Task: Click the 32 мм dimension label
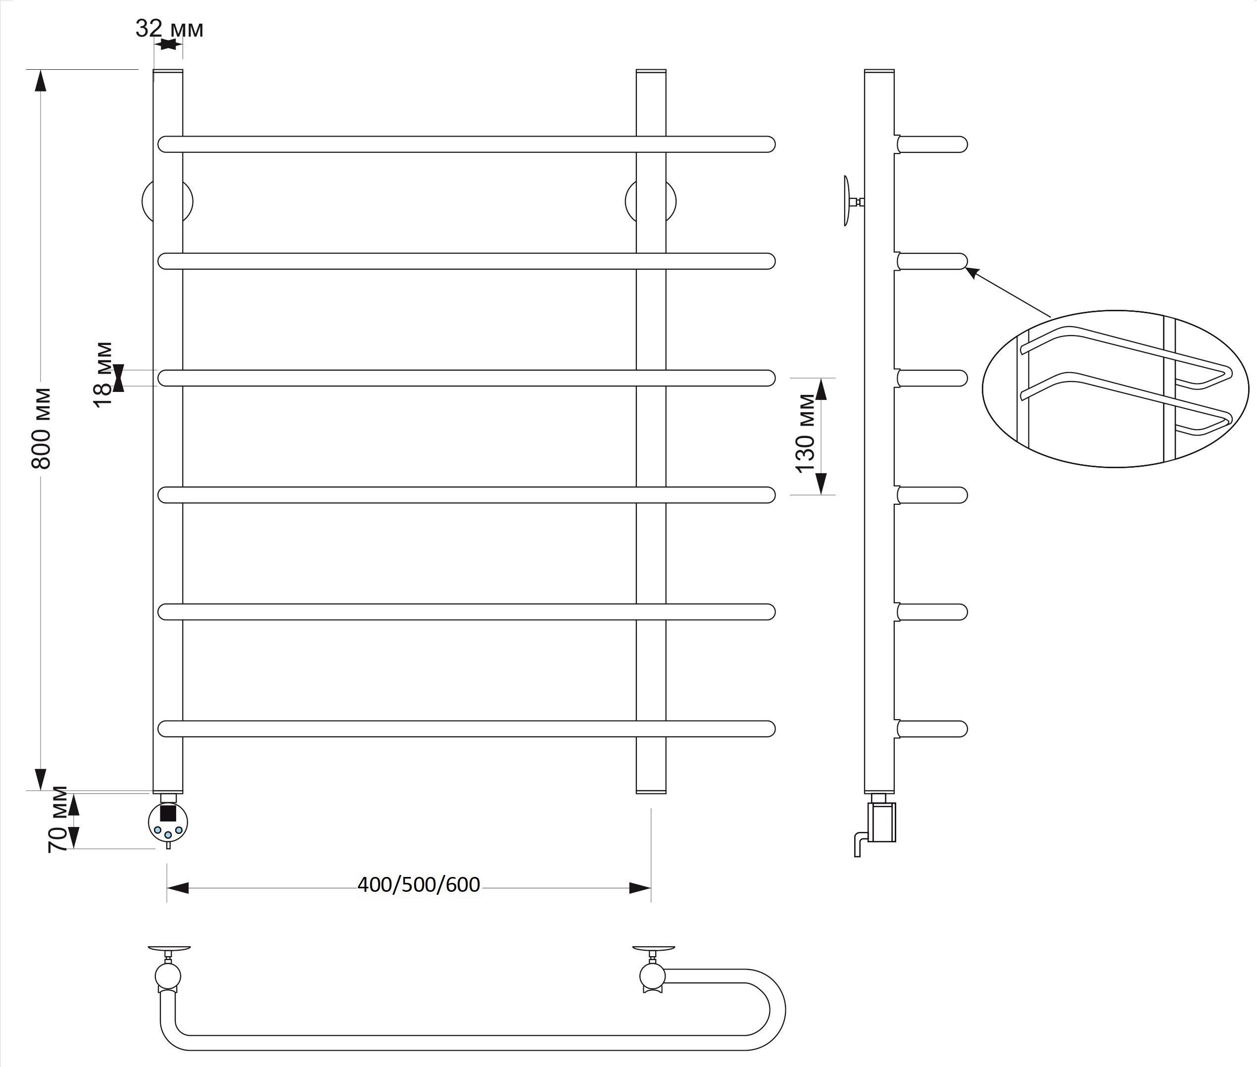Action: (169, 28)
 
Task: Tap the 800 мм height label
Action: (41, 428)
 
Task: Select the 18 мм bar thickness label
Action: (103, 375)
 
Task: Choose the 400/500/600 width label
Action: (419, 885)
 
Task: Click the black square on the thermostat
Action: (168, 812)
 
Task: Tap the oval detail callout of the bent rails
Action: (1115, 389)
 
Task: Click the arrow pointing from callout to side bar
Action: (1008, 291)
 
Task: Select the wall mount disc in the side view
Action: (847, 201)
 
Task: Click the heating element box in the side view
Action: (882, 822)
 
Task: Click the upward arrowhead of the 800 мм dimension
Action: (41, 81)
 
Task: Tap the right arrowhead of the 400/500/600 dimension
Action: (640, 888)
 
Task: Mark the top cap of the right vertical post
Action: (651, 71)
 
